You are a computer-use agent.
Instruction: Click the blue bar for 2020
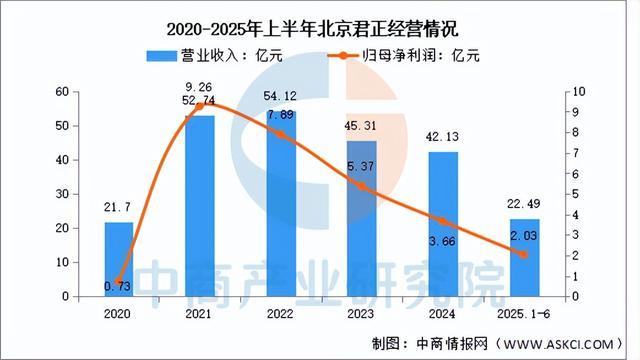119,259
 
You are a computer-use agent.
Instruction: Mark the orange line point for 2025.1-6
524,255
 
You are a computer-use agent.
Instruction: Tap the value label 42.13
444,137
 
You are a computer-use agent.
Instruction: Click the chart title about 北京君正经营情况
320,22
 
